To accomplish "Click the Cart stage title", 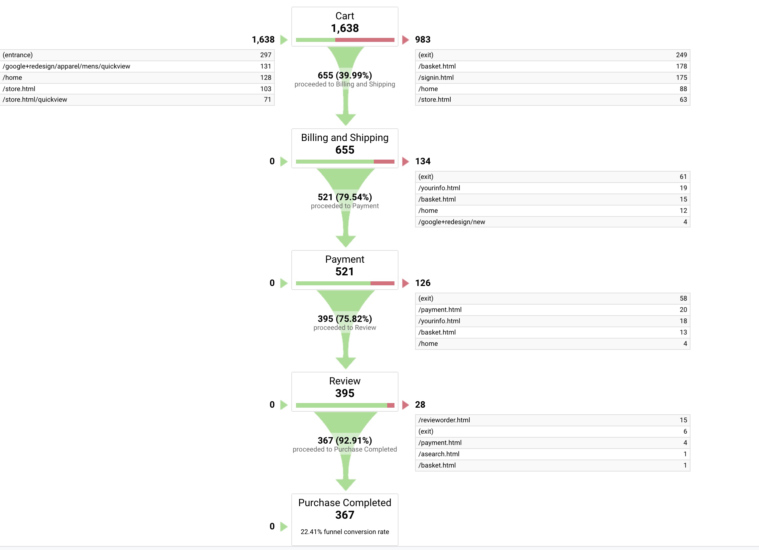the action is [x=345, y=16].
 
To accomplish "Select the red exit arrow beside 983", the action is [x=405, y=40].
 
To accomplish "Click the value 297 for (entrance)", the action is [x=266, y=55].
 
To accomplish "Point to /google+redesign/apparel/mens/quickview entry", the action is [x=66, y=66].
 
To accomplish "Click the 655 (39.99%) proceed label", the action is [x=345, y=75].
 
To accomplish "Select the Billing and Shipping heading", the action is [x=345, y=138].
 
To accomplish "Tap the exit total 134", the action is [x=423, y=161].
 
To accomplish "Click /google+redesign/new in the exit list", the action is [x=451, y=222].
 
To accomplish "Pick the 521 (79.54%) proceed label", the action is [x=345, y=197].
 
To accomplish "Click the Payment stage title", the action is [x=345, y=259].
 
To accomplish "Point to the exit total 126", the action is [x=423, y=283].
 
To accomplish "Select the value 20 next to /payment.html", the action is [x=683, y=310].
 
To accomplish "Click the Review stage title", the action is [x=345, y=381].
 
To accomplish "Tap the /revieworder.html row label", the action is [x=444, y=420].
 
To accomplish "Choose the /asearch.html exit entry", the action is [x=439, y=454].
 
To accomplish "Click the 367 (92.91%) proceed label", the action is [x=345, y=440].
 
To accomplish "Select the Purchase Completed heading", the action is [x=345, y=502].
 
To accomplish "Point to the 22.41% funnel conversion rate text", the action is [x=345, y=532].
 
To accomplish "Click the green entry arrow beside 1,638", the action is [x=284, y=40].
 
